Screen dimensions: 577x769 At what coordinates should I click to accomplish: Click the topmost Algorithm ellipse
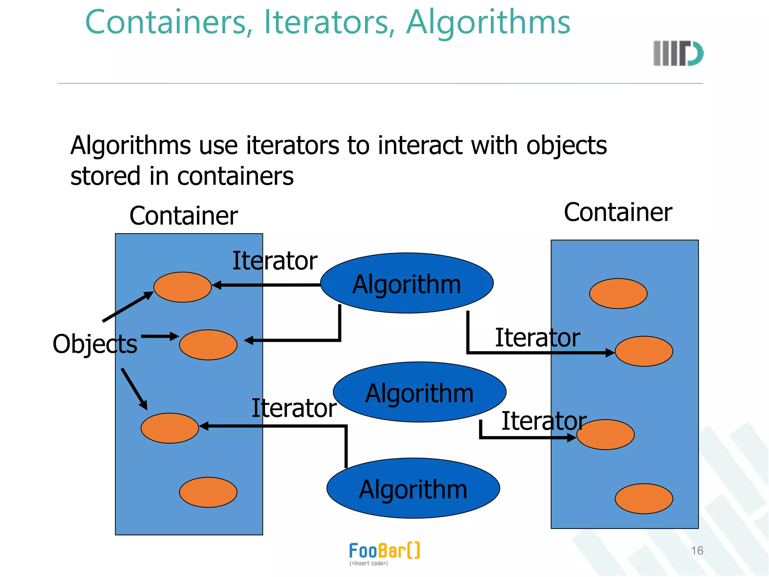(x=407, y=283)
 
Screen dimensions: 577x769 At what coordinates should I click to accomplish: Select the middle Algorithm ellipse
(x=419, y=392)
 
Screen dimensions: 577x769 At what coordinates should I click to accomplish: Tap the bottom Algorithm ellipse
(x=413, y=488)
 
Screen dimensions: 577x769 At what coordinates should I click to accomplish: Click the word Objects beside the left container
(x=95, y=344)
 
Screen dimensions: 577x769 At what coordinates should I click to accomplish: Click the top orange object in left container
(x=182, y=287)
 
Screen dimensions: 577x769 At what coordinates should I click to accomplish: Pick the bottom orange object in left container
(x=208, y=492)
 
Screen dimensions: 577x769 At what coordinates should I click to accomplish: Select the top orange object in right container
(x=618, y=293)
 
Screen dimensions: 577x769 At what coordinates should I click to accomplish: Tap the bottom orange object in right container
(x=644, y=498)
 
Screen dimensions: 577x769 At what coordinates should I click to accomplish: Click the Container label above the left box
(x=184, y=216)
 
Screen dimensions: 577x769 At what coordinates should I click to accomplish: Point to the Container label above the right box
(x=618, y=213)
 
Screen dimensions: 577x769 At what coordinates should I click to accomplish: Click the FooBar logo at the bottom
(x=384, y=553)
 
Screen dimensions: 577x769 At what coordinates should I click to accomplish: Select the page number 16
(x=697, y=551)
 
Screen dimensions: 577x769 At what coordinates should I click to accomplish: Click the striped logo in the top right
(x=678, y=53)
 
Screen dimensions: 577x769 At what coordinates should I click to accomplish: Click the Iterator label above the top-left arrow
(x=274, y=261)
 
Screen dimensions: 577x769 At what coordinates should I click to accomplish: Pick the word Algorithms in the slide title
(x=488, y=23)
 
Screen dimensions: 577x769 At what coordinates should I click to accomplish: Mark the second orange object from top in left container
(x=208, y=345)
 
